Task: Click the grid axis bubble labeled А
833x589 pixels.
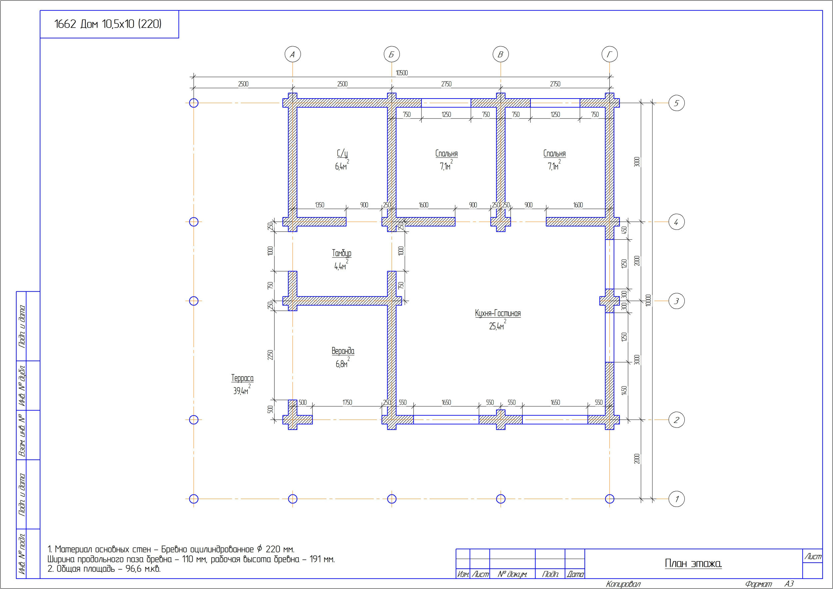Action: (293, 54)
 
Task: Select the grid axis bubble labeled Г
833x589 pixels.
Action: (609, 54)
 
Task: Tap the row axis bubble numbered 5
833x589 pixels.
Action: (677, 103)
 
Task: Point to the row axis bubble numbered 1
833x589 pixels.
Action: (677, 499)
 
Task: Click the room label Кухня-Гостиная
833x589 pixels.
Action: (497, 313)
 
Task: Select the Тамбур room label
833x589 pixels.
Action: (342, 253)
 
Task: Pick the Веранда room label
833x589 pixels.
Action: (343, 351)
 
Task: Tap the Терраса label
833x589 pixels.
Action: (242, 378)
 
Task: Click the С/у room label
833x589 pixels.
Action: (342, 154)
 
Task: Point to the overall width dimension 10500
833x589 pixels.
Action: (402, 73)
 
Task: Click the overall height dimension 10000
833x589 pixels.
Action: (648, 300)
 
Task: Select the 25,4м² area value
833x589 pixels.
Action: (497, 325)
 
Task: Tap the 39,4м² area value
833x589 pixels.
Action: (242, 390)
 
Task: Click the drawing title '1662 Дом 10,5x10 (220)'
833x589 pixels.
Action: (108, 24)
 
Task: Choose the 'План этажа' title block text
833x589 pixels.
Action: (693, 563)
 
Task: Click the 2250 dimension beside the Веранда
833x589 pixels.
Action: (270, 355)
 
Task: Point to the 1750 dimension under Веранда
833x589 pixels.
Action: (347, 403)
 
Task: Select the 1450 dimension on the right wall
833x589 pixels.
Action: (624, 390)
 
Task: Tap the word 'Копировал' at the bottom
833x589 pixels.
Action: (623, 584)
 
